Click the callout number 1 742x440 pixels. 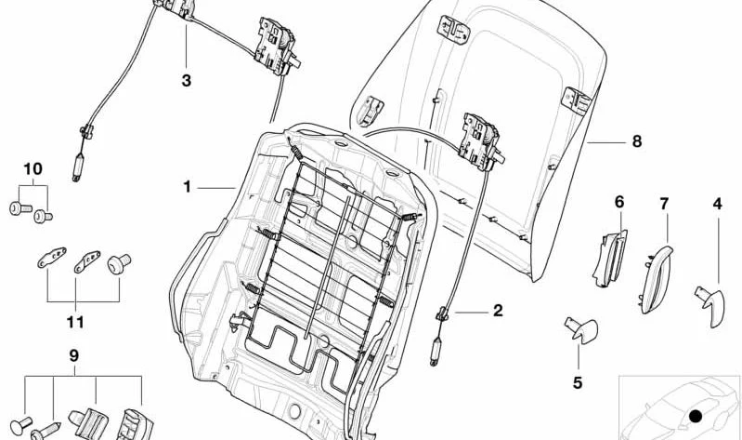tap(188, 187)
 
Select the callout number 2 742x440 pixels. tap(498, 311)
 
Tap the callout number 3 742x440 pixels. tap(187, 81)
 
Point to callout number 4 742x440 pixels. tap(718, 205)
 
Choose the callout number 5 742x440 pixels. tap(578, 383)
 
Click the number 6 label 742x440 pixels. tap(619, 202)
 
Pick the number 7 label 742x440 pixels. tap(664, 204)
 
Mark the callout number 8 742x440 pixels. tap(637, 141)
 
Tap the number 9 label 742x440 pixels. tap(73, 355)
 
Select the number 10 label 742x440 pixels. tap(33, 168)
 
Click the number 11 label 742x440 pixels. tap(75, 323)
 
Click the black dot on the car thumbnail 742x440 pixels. tap(696, 417)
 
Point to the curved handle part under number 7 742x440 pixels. tap(657, 279)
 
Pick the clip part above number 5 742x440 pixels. tap(582, 329)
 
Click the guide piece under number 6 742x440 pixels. tap(610, 259)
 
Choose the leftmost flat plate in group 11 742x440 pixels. tap(52, 258)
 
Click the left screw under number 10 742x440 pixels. tap(20, 207)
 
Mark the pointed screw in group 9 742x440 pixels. tap(46, 431)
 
